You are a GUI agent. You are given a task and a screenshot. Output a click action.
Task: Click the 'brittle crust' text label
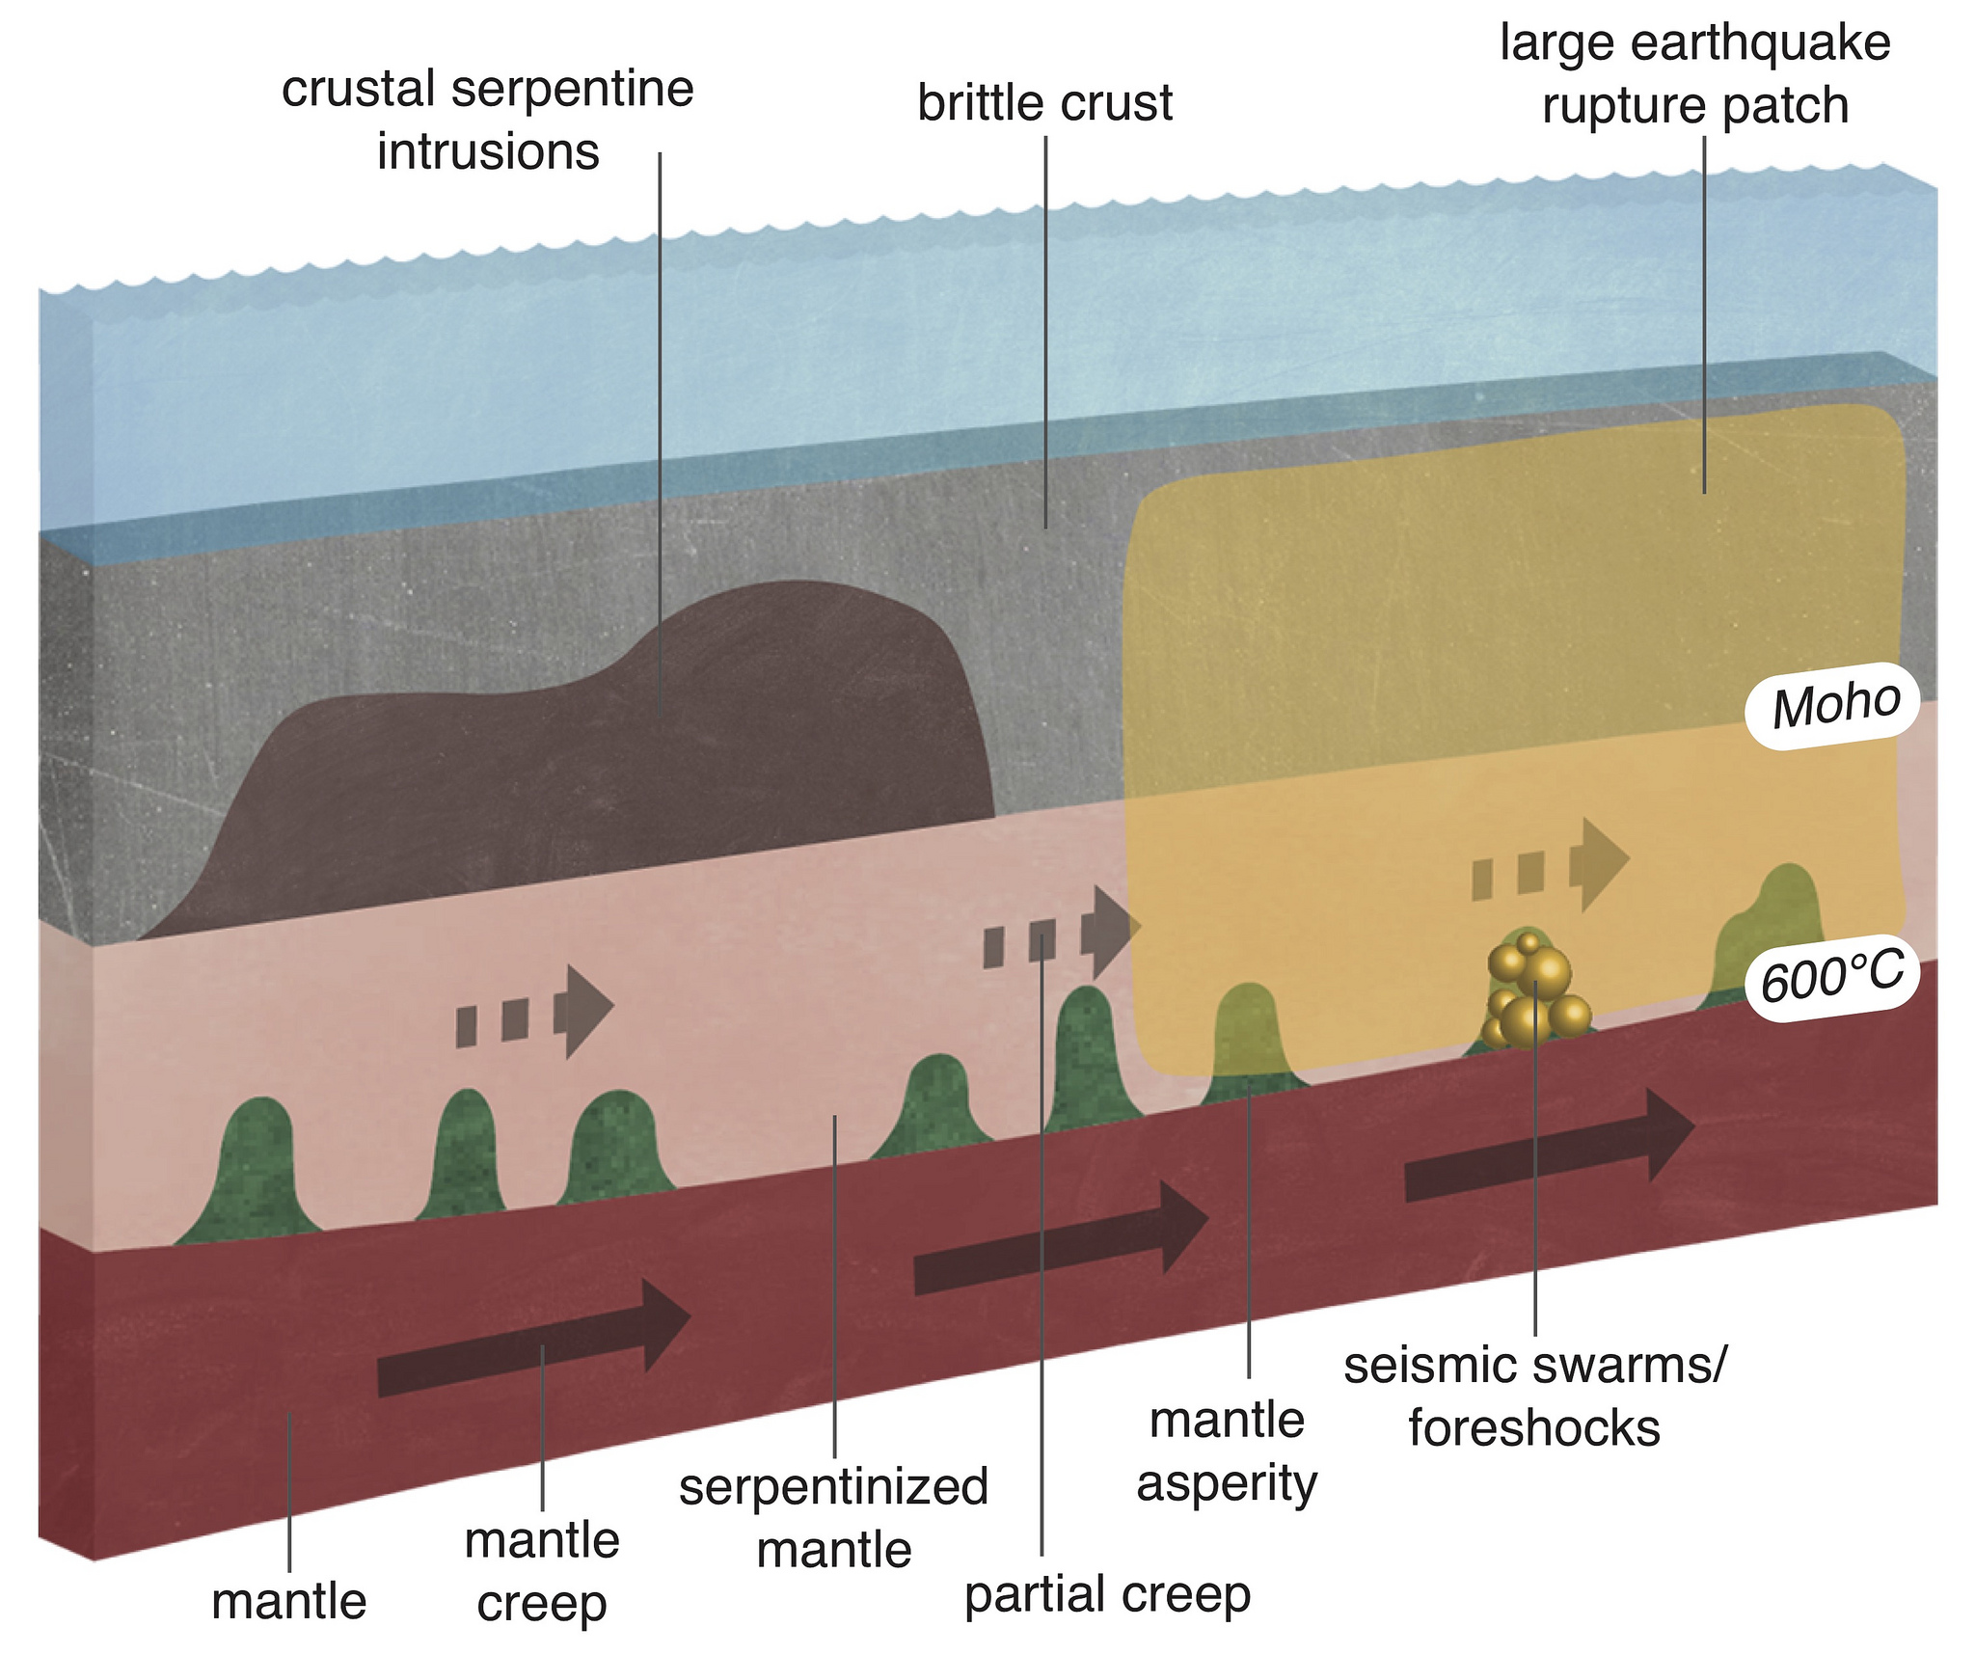pos(1044,103)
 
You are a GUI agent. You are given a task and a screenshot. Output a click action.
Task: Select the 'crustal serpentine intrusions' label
pos(488,121)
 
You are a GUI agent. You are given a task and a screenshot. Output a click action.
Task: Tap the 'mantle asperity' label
pos(1227,1451)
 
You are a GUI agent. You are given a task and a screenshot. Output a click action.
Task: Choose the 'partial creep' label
pos(1107,1593)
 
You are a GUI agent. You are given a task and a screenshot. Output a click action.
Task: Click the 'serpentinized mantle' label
pos(834,1518)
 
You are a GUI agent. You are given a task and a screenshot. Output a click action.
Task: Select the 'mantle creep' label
pos(542,1572)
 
